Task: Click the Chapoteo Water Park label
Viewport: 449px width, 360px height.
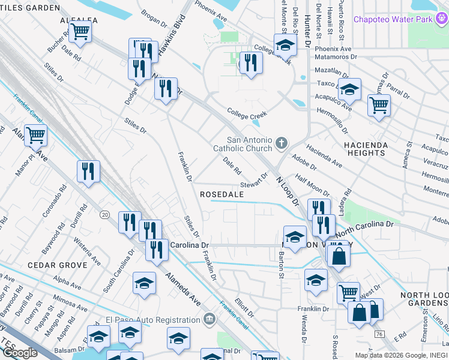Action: pyautogui.click(x=400, y=20)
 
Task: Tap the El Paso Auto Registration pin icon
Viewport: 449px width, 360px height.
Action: pyautogui.click(x=209, y=319)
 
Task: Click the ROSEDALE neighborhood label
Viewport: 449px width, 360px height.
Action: pyautogui.click(x=221, y=194)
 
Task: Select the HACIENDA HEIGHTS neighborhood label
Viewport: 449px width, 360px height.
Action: pyautogui.click(x=364, y=149)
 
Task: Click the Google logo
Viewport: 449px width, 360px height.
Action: pyautogui.click(x=20, y=353)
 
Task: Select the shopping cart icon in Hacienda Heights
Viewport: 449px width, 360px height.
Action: pyautogui.click(x=378, y=105)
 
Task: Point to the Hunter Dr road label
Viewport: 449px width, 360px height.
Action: pyautogui.click(x=307, y=24)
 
